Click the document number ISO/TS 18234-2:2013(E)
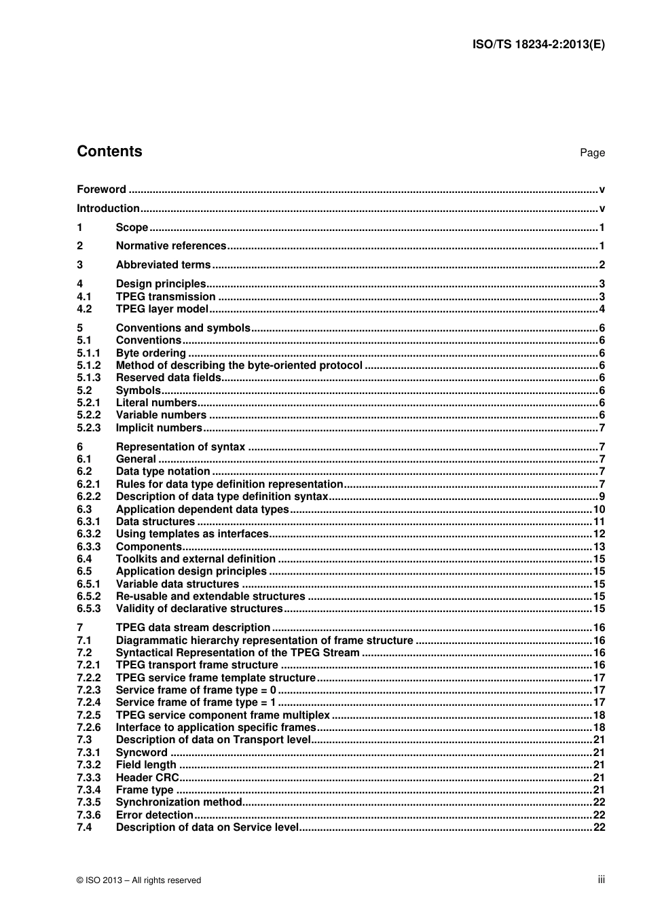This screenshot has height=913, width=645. tap(538, 45)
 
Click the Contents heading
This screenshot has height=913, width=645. tap(109, 151)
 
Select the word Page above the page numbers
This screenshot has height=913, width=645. tap(592, 153)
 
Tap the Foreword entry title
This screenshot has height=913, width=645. tap(101, 190)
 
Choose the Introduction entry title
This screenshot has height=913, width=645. tap(108, 209)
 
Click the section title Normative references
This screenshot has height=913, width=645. tap(171, 246)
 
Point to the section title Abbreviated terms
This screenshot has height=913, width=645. tap(163, 265)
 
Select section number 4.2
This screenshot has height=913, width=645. tap(84, 309)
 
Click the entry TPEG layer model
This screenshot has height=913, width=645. tap(162, 309)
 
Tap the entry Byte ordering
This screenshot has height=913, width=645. tap(151, 353)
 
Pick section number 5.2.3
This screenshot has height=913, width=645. tap(88, 428)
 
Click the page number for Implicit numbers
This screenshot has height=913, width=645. tap(602, 428)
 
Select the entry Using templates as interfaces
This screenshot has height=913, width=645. tap(192, 534)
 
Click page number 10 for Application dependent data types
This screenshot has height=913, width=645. tap(599, 509)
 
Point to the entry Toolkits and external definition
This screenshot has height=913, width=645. tap(196, 559)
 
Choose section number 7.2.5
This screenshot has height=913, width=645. tap(88, 715)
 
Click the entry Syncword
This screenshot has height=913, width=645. tap(141, 753)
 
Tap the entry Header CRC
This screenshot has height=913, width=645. tap(147, 778)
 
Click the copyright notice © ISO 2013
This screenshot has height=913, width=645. tap(139, 880)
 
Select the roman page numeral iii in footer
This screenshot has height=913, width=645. tap(601, 880)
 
